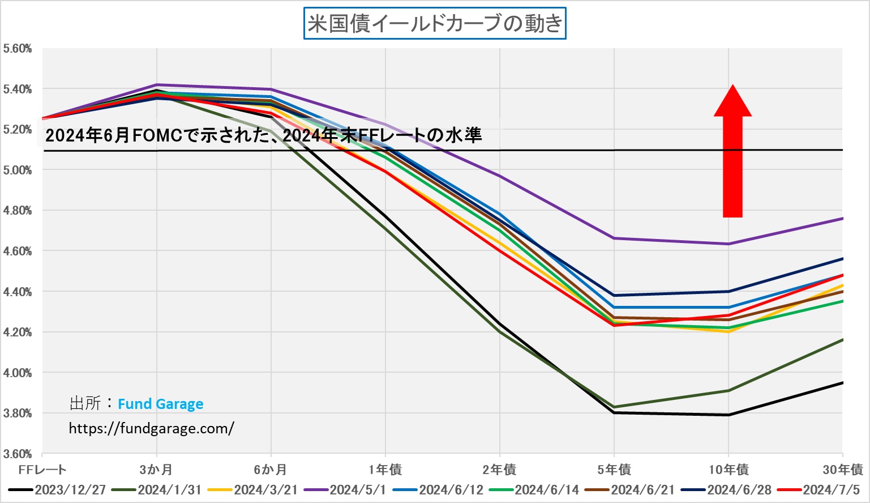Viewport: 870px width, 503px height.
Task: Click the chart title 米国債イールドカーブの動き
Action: click(435, 24)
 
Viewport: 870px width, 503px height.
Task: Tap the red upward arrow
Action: click(732, 153)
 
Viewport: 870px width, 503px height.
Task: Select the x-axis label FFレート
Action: click(42, 470)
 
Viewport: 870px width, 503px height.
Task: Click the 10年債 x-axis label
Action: click(728, 470)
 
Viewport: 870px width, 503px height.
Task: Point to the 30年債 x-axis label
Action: click(843, 470)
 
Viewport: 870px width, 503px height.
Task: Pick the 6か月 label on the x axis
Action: click(271, 470)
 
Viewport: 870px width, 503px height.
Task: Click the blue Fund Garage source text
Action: click(160, 404)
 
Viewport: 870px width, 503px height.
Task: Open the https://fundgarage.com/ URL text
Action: click(151, 428)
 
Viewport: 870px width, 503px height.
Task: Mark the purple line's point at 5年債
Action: click(614, 238)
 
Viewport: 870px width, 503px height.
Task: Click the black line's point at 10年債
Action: click(728, 415)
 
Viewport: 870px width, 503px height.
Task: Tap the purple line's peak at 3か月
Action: click(156, 84)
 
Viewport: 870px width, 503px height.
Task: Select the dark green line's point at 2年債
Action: click(500, 331)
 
